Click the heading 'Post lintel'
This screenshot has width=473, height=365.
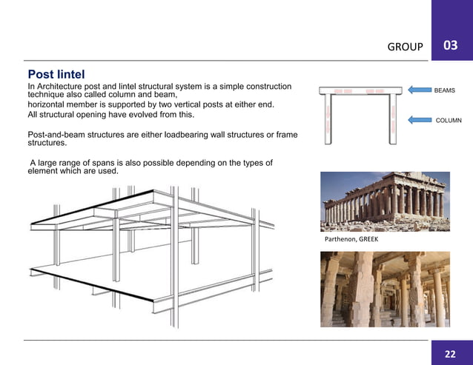point(56,75)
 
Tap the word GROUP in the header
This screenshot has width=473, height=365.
point(406,47)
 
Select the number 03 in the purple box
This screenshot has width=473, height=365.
point(450,46)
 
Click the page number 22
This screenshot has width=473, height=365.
point(450,353)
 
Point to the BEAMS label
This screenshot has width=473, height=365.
point(444,90)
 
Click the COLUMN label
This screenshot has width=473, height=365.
point(448,119)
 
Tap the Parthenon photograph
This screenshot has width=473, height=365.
point(384,201)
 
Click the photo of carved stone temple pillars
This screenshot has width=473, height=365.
point(384,289)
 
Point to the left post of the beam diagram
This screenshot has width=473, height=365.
point(329,118)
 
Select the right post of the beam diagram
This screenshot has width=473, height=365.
point(394,118)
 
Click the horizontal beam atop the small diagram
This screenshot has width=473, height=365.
point(360,91)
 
